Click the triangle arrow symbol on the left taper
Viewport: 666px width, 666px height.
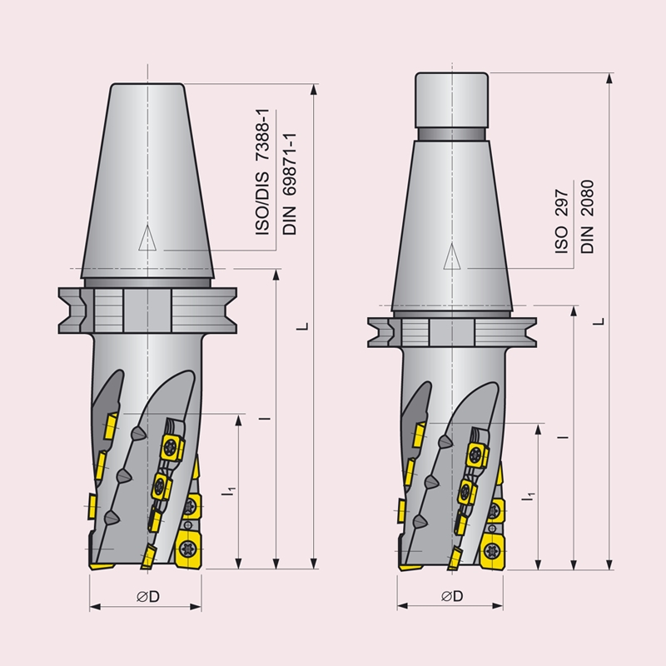pyautogui.click(x=148, y=238)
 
